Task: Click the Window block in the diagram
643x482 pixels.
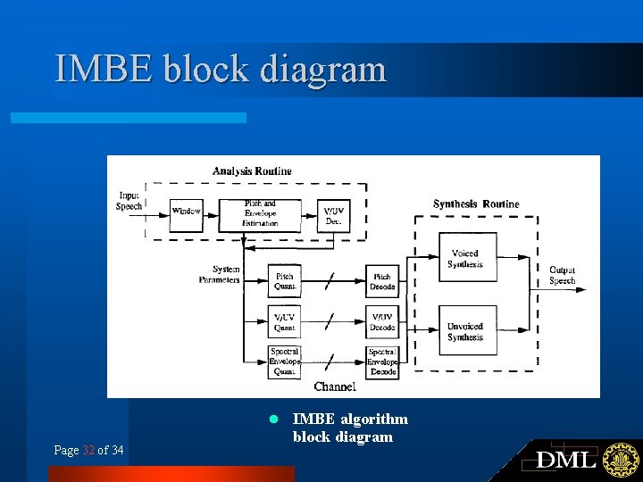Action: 187,212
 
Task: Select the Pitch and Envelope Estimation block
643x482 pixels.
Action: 260,213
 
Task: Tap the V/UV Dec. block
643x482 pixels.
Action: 333,215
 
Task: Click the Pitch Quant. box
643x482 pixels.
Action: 284,282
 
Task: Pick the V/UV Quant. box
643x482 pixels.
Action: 284,322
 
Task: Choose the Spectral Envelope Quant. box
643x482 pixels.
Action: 284,361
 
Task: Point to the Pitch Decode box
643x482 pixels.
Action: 382,282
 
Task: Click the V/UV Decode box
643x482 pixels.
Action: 382,322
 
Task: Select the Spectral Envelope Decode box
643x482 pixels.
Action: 382,361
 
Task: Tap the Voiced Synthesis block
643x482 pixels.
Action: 466,259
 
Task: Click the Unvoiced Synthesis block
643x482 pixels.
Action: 466,331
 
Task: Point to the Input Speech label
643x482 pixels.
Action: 129,201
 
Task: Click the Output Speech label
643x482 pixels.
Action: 563,275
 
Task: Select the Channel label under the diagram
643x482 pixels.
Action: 335,386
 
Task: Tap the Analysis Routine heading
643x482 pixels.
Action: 252,171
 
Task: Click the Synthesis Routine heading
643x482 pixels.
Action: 476,204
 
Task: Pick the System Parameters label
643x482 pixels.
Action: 221,274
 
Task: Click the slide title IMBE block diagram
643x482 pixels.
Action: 221,70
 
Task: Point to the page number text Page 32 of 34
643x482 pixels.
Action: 88,450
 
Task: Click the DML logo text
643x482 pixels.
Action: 566,460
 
